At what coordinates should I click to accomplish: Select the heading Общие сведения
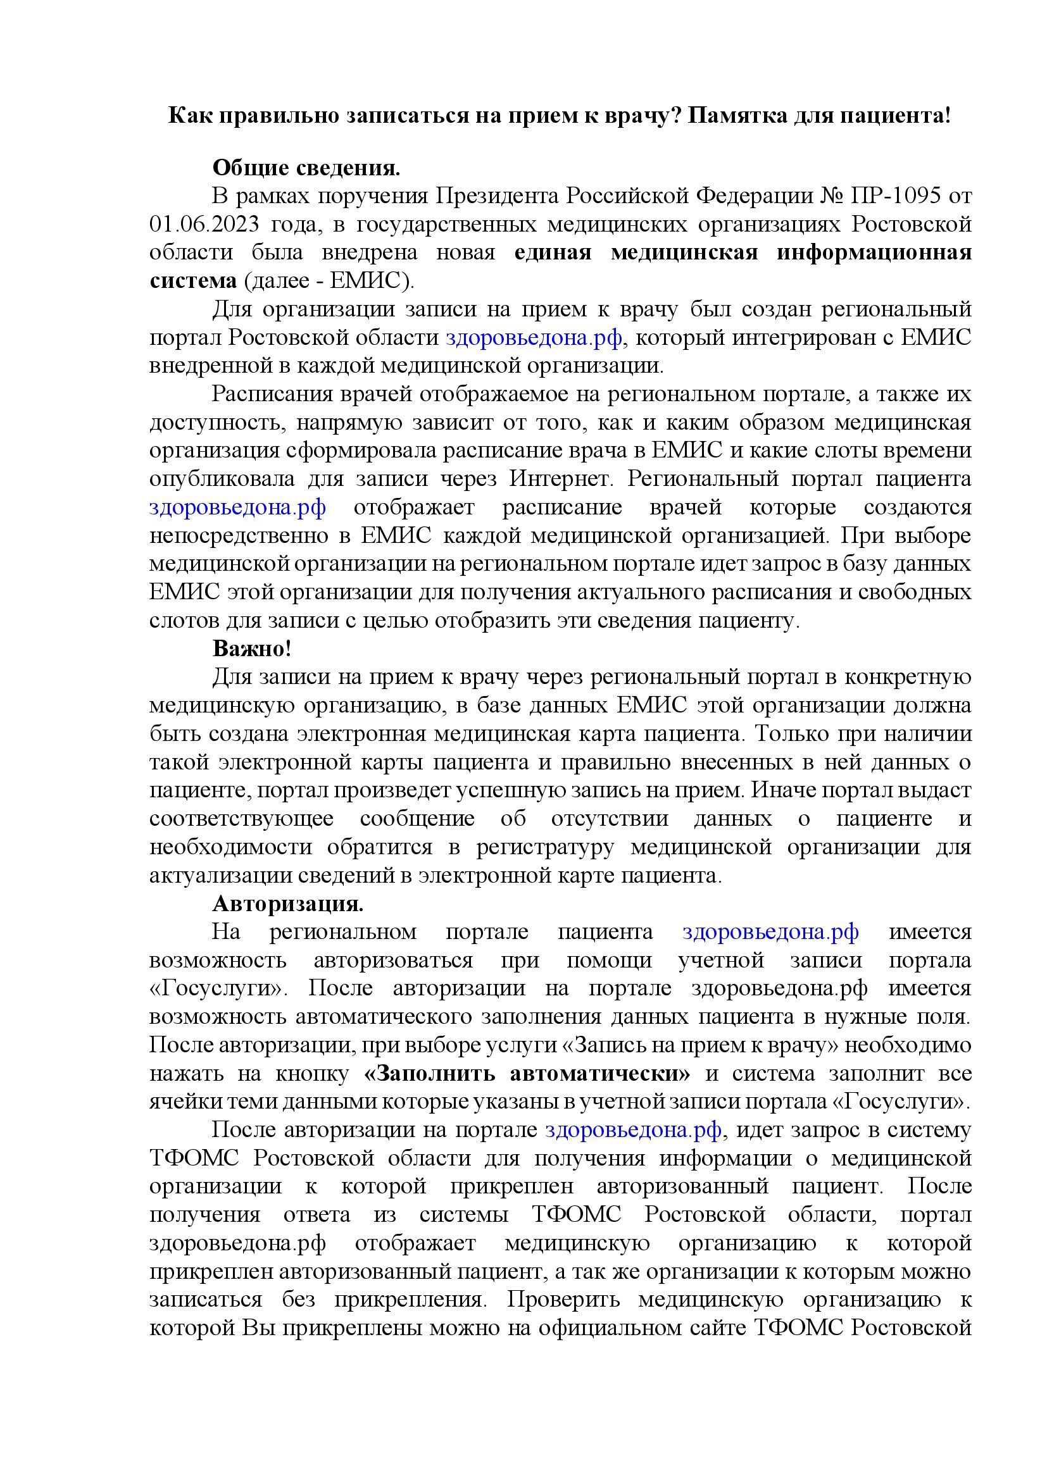click(x=306, y=168)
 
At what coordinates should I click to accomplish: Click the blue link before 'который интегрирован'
click(x=534, y=337)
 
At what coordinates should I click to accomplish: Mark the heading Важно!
click(x=252, y=649)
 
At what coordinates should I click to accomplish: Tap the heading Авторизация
click(x=288, y=904)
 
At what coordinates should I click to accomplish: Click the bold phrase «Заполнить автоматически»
click(x=527, y=1074)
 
